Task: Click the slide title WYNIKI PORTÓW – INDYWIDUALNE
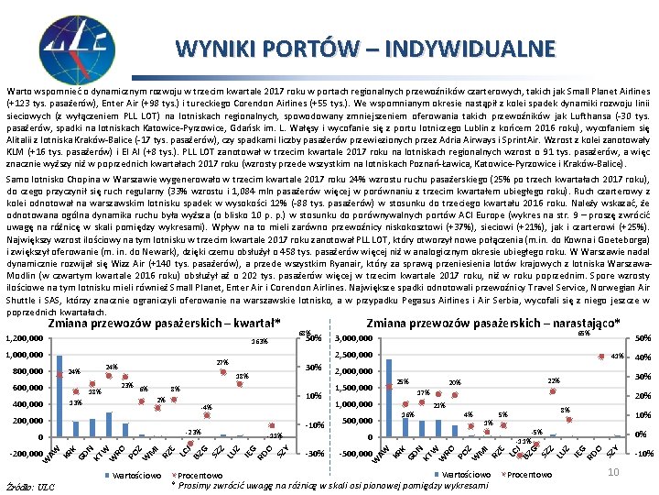point(365,48)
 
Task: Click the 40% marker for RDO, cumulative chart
point(603,357)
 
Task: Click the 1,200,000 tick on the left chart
point(25,339)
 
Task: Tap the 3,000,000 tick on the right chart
point(355,339)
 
